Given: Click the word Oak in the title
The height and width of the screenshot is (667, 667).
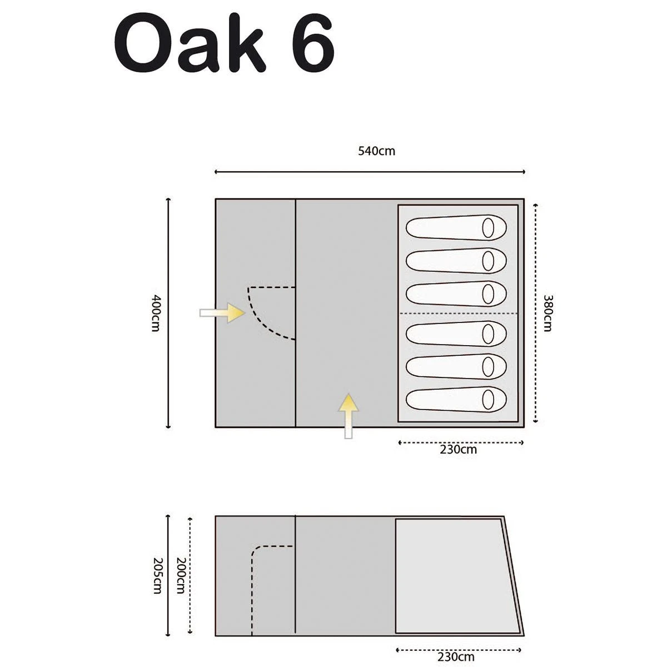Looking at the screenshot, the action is pos(190,43).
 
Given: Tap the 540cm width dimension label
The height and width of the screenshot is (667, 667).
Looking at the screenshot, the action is pos(377,151).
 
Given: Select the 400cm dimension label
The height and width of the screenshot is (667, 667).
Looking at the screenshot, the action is pos(156,313).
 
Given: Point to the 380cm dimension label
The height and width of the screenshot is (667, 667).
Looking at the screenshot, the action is pos(547,313).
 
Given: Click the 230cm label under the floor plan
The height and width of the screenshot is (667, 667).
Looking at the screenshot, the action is pos(458,450).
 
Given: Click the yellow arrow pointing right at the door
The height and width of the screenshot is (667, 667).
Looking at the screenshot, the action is pos(222,313).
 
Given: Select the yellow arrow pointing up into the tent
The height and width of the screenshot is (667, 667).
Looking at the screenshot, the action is pos(349,416).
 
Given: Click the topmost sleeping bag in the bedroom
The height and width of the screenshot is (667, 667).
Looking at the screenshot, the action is pos(456,227).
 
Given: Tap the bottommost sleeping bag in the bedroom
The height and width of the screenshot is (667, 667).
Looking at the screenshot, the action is pos(456,400).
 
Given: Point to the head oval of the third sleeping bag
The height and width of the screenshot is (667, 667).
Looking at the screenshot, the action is pos(488,294).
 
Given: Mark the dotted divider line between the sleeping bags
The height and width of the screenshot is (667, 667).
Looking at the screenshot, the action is pos(458,313).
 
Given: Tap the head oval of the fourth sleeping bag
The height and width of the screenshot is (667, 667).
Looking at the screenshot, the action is pos(488,334).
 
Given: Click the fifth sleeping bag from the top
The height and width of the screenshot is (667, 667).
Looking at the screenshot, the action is pos(456,366).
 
